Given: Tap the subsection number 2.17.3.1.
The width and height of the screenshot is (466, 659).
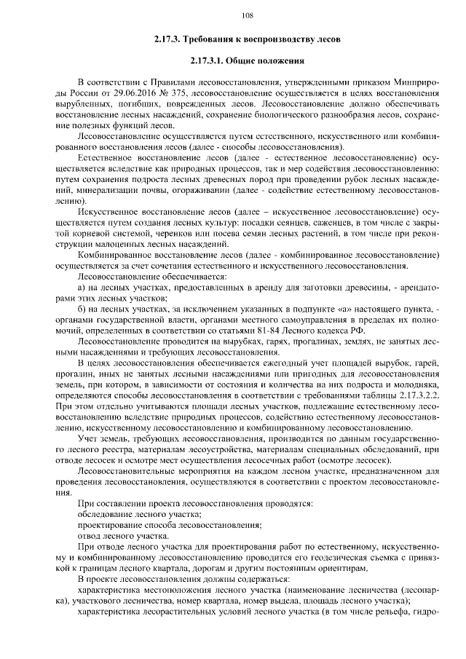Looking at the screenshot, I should tap(211, 61).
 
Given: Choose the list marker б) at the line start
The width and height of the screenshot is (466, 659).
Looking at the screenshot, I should tap(82, 309).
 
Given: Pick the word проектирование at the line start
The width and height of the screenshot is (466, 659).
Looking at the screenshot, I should tap(110, 525).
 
